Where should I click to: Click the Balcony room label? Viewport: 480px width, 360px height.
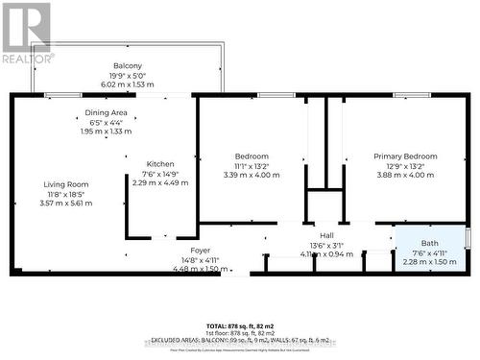click(128, 65)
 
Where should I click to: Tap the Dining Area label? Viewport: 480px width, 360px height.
click(108, 113)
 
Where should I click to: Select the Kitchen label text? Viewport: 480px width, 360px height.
click(160, 164)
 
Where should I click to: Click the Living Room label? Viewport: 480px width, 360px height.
click(66, 184)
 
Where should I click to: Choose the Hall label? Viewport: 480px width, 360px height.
click(327, 235)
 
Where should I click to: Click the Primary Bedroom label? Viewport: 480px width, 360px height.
click(406, 156)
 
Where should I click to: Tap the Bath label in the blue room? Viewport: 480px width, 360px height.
click(429, 243)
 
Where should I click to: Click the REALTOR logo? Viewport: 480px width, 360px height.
click(27, 34)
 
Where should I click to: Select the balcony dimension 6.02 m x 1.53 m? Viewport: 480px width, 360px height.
click(128, 84)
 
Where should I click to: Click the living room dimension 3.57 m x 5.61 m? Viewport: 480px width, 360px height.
click(66, 204)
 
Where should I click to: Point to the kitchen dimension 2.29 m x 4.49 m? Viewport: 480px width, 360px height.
click(160, 182)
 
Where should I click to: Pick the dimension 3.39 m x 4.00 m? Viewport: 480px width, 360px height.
click(252, 175)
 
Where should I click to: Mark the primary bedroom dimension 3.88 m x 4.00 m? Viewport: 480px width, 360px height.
click(406, 175)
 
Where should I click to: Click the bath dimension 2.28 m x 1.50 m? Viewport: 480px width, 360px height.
click(429, 261)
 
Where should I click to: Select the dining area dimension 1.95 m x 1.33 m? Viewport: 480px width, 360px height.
click(108, 132)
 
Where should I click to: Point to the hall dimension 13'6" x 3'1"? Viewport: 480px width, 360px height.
click(327, 245)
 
